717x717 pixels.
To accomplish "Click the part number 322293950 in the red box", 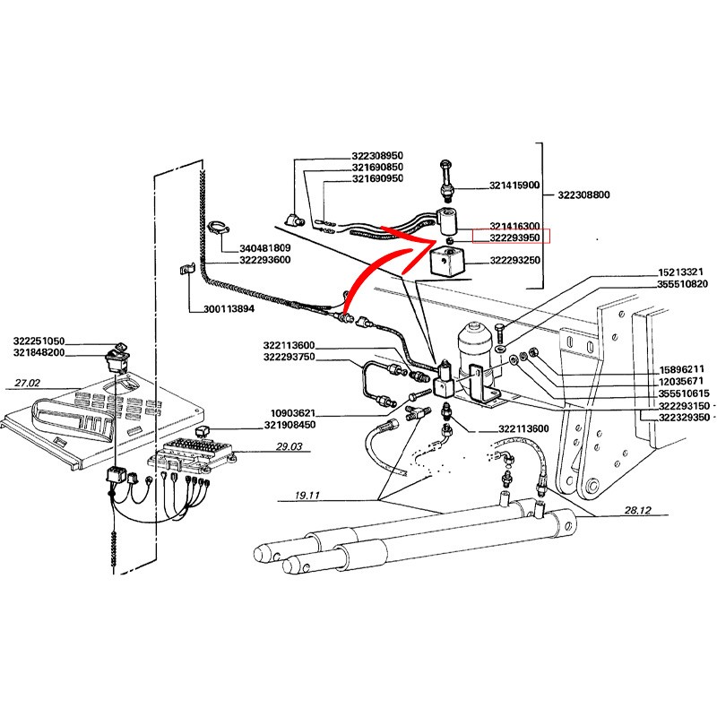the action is [514, 238].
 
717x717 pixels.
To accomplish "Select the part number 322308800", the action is [583, 194].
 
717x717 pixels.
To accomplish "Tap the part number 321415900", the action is [514, 186].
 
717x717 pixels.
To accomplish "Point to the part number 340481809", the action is [264, 248].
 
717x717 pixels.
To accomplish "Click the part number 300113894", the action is [229, 309].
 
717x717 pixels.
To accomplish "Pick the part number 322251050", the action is [39, 341].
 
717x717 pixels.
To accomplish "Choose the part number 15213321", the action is [680, 272].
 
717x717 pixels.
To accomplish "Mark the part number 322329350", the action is [684, 417].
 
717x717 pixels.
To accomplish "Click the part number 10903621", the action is [293, 414].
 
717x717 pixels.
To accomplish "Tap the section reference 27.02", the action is [28, 384].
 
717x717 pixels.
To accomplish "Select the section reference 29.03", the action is [289, 446].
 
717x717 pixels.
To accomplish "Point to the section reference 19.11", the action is [307, 496].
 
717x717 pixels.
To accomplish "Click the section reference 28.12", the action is [637, 510].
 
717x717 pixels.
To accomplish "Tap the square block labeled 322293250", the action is [446, 259].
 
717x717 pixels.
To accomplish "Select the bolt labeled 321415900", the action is [446, 182].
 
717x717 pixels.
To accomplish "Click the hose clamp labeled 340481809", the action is [220, 229].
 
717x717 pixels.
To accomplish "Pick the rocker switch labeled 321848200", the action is [117, 362].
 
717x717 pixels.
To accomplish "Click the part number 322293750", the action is [289, 357].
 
